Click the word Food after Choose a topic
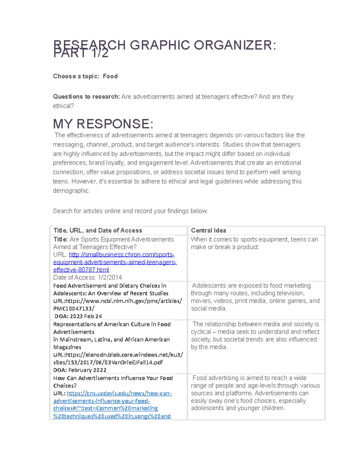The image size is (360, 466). click(110, 76)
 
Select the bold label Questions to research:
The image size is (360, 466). click(86, 97)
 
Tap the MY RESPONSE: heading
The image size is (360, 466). click(103, 124)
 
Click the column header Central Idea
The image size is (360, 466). click(208, 230)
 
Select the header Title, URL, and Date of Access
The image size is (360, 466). click(97, 230)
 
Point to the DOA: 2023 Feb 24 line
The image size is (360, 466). click(78, 316)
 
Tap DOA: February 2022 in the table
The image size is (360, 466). click(80, 370)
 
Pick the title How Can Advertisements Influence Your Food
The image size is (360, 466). click(113, 378)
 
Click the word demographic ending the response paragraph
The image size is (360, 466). click(71, 191)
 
